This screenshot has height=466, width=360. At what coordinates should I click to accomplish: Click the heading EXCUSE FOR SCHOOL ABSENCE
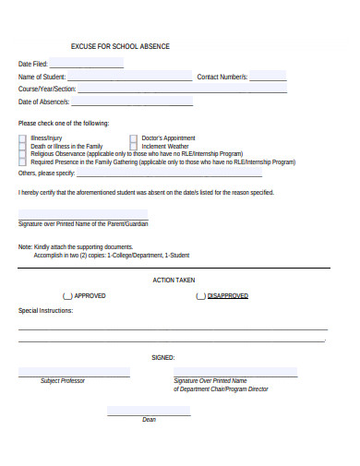(120, 46)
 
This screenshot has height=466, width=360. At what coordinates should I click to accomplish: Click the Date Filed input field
(87, 64)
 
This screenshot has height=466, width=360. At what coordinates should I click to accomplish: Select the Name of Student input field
(129, 77)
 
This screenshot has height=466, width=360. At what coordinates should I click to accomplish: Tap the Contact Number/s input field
(268, 77)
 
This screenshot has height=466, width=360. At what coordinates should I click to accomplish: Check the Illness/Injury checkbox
(23, 137)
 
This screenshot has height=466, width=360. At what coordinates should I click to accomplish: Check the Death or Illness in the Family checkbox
(23, 146)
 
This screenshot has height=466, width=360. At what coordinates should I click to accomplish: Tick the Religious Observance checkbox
(23, 154)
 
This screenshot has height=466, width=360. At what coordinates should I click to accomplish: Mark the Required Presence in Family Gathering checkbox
(23, 162)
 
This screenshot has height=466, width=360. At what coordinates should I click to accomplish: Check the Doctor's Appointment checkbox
(134, 137)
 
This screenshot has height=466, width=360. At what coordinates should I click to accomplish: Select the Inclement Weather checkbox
(134, 146)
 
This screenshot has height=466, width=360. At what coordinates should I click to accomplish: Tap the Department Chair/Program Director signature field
(235, 372)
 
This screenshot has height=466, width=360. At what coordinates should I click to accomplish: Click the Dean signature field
(149, 411)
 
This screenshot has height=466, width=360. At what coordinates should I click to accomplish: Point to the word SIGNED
(162, 357)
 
